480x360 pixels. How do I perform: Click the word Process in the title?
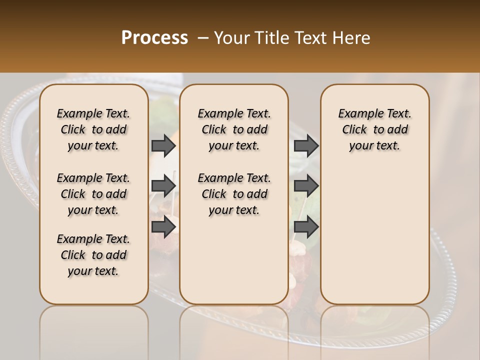tap(154, 37)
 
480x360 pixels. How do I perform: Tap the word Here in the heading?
tap(351, 37)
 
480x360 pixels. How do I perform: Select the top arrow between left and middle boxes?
tap(163, 145)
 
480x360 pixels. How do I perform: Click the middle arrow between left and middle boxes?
tap(163, 186)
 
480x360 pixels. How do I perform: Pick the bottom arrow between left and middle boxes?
tap(163, 227)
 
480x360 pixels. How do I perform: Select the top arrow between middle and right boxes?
tap(306, 145)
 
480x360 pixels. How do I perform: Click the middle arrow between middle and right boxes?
tap(306, 186)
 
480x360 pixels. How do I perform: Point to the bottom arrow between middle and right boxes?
tap(306, 227)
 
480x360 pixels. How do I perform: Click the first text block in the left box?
tap(93, 129)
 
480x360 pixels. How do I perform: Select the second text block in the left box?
tap(93, 194)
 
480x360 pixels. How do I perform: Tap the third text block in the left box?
tap(93, 255)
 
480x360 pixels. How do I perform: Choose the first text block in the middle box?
tap(234, 129)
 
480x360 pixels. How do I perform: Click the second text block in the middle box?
tap(234, 194)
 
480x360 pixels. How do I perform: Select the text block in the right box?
tap(374, 129)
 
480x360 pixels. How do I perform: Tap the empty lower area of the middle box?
tap(234, 260)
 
